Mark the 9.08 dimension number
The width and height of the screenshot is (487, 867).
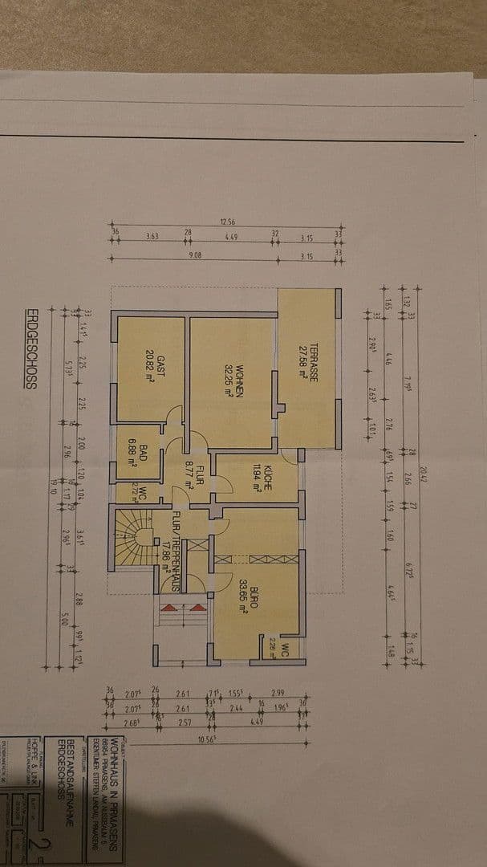point(194,256)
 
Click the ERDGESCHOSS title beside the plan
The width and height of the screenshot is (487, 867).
point(31,349)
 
